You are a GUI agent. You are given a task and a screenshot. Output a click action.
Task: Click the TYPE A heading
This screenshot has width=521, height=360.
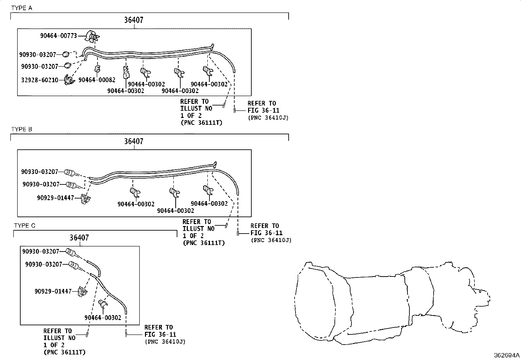pos(22,8)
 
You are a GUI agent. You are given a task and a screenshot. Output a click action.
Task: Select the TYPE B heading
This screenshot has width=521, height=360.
pos(22,129)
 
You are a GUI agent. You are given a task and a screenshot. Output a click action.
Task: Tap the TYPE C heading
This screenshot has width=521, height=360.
pos(25,226)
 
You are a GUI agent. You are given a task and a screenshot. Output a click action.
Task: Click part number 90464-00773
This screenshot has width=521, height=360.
pos(58,36)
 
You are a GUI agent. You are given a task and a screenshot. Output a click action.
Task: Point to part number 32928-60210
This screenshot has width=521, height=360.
pos(40,80)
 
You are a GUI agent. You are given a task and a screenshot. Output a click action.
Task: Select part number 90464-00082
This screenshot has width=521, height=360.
pos(97,80)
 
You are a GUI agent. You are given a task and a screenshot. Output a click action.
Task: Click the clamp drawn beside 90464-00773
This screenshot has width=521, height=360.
pos(92,36)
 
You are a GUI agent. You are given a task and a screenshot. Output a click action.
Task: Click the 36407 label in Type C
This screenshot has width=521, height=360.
pos(79,237)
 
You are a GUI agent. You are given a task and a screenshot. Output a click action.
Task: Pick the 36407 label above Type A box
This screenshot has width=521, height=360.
pos(134,20)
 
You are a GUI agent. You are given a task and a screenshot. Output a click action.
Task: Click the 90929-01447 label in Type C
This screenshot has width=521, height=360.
pos(53,291)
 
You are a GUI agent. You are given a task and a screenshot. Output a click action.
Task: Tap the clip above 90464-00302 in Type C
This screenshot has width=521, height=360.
pos(103,304)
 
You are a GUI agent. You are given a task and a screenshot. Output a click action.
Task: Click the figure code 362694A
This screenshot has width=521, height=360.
pos(507,355)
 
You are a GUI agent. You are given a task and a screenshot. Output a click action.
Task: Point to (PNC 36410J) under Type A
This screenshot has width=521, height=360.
pos(268,118)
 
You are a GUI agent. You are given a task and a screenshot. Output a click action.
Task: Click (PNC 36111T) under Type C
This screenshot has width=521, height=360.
pos(64,352)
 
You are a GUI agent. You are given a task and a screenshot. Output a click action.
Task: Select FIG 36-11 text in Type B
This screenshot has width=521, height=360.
pos(266,233)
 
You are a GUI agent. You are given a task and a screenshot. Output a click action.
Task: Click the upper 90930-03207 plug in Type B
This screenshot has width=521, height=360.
pos(70,172)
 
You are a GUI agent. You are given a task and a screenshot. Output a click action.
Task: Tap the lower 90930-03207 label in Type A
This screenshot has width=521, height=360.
pos(40,66)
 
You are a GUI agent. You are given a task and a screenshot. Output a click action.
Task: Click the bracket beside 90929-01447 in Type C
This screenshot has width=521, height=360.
pos(82,291)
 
